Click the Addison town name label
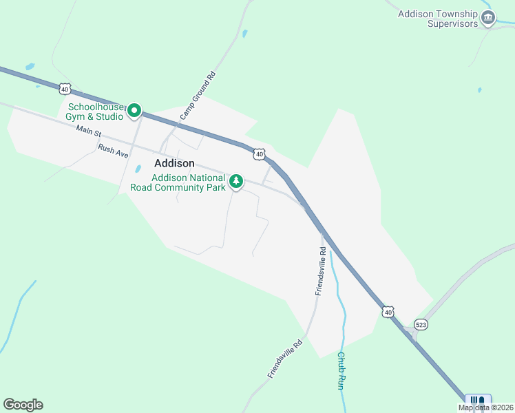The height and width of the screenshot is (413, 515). pos(174,164)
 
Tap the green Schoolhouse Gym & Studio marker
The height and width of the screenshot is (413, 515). pos(134,109)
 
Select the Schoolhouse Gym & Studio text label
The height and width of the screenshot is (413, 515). pos(96,112)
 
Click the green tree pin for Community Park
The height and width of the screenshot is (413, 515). pos(236,182)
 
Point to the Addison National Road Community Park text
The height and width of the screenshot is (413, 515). pos(188,182)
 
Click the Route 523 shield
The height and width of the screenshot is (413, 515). pos(421,324)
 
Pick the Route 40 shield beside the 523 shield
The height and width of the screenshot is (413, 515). pos(389,312)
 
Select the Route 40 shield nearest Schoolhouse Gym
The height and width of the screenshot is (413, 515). pos(65,89)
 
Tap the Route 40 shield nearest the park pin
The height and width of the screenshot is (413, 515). pos(259,155)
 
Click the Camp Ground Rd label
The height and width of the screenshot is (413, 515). pos(198,96)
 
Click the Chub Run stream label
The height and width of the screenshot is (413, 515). pos(340,372)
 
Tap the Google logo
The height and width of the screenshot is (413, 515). pos(23,405)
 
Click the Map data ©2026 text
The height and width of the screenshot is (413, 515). pos(486,407)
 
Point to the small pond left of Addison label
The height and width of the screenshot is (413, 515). pos(138,168)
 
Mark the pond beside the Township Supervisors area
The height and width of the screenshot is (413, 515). pos(480,89)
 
